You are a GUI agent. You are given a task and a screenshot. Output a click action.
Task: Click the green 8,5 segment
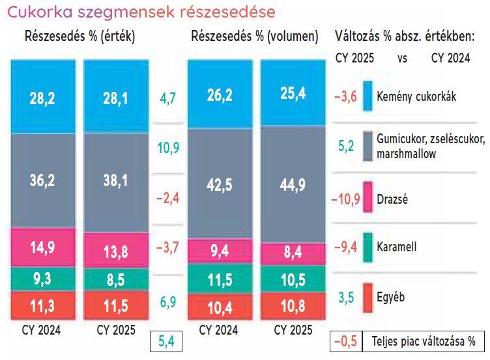click(115, 281)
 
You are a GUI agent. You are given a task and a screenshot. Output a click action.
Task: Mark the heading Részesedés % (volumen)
click(255, 36)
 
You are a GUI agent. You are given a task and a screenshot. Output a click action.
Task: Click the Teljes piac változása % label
click(424, 340)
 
